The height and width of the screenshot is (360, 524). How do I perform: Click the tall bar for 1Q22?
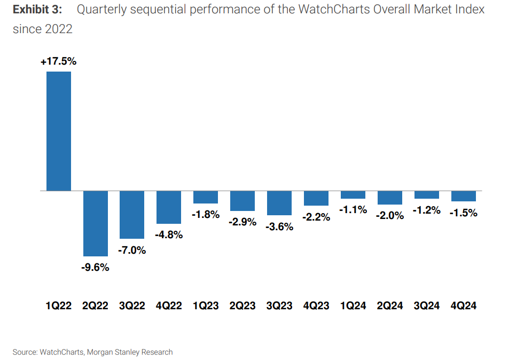pyautogui.click(x=59, y=131)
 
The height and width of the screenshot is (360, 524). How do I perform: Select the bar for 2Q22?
pyautogui.click(x=96, y=223)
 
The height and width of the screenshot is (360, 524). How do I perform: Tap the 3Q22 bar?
pyautogui.click(x=132, y=214)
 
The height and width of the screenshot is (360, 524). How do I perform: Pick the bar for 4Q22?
pyautogui.click(x=169, y=207)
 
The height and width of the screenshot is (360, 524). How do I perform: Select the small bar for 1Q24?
pyautogui.click(x=353, y=194)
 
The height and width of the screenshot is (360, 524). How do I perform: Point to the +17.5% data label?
pyautogui.click(x=59, y=61)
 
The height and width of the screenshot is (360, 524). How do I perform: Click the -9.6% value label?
pyautogui.click(x=95, y=268)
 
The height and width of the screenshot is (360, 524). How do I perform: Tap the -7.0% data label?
pyautogui.click(x=132, y=250)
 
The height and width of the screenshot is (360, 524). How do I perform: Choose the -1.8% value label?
pyautogui.click(x=206, y=215)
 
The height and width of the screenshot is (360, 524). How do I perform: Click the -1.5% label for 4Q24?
pyautogui.click(x=463, y=213)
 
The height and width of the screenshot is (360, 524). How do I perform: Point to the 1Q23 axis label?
pyautogui.click(x=206, y=306)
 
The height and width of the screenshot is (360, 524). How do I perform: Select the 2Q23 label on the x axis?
pyautogui.click(x=243, y=306)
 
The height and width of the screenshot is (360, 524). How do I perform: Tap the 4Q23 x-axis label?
pyautogui.click(x=316, y=306)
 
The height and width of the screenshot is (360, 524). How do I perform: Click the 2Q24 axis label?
pyautogui.click(x=390, y=306)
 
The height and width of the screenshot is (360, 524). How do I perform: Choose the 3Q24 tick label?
pyautogui.click(x=427, y=306)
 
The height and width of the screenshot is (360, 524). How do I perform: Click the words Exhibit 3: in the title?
pyautogui.click(x=37, y=10)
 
